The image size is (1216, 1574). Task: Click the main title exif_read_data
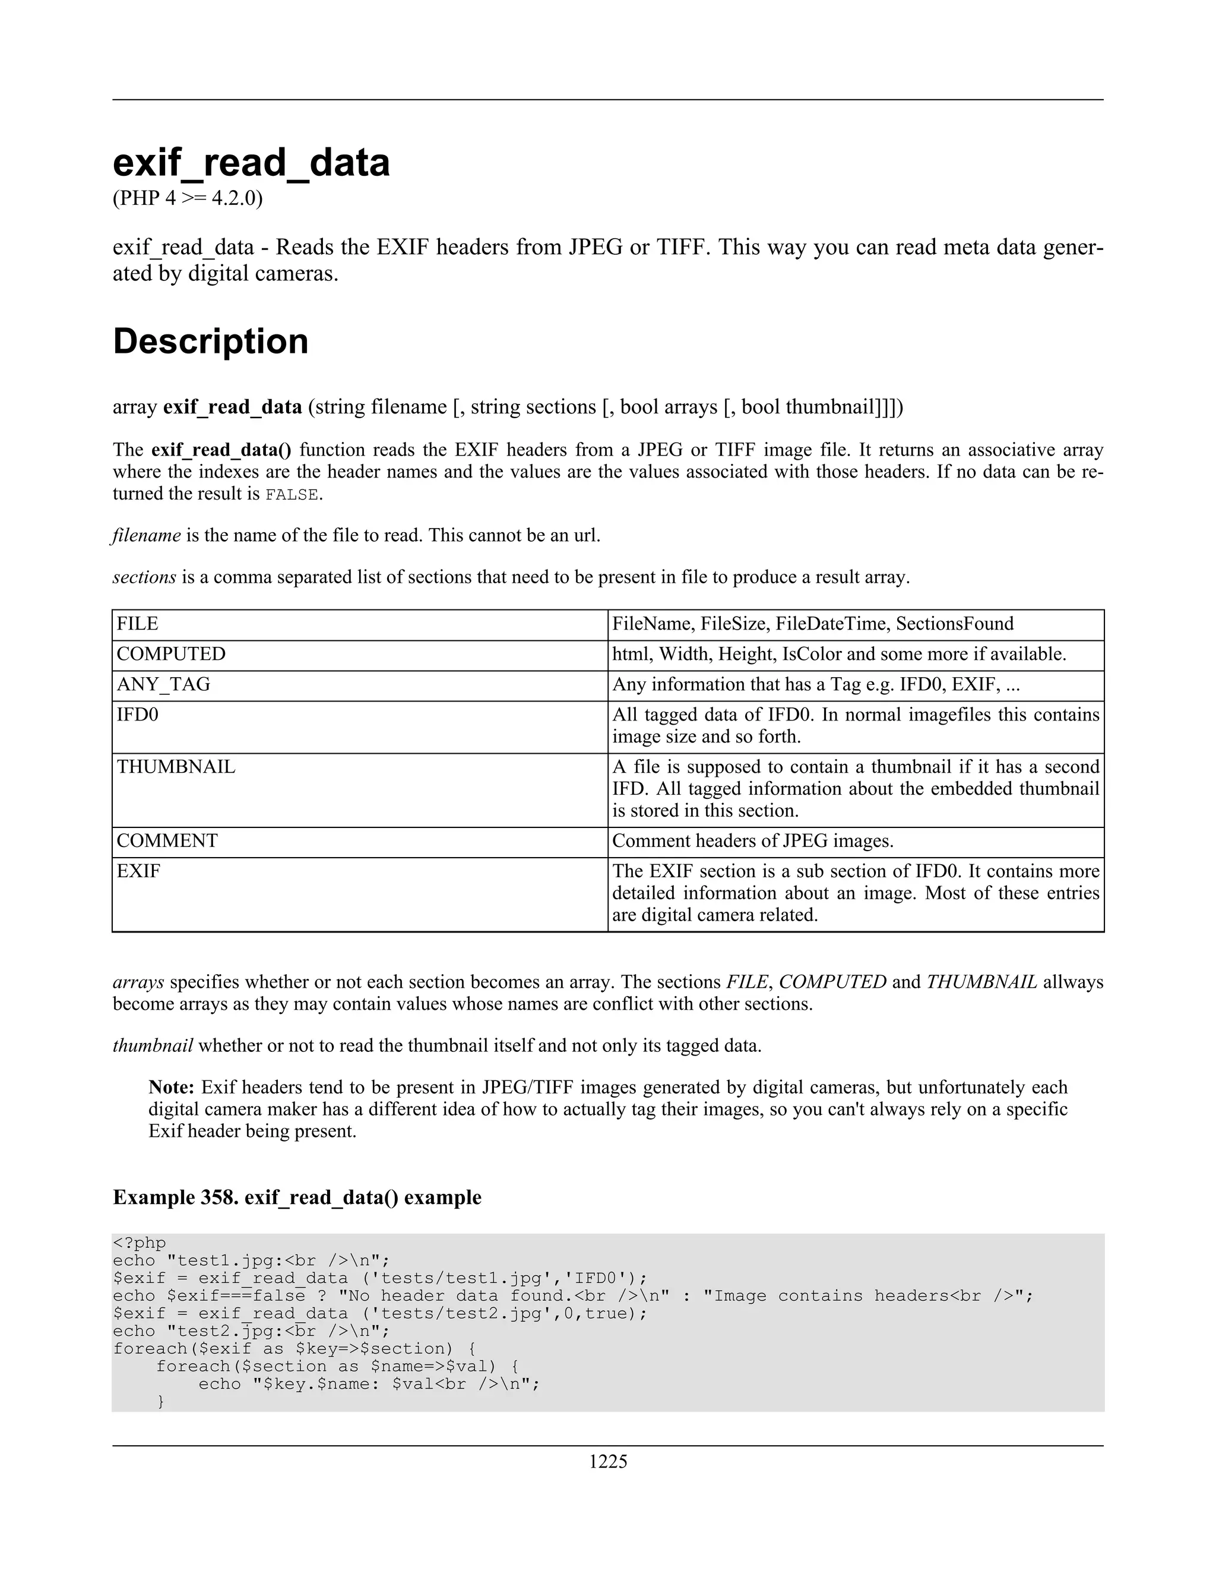(251, 163)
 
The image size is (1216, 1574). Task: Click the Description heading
(210, 341)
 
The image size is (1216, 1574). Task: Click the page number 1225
(607, 1461)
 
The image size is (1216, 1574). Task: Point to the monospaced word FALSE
(291, 495)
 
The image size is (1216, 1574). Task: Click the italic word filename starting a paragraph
(146, 536)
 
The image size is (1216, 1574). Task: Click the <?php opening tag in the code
(139, 1243)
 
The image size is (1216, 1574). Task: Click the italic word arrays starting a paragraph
(138, 982)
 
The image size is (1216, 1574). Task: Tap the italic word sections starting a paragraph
(144, 577)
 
